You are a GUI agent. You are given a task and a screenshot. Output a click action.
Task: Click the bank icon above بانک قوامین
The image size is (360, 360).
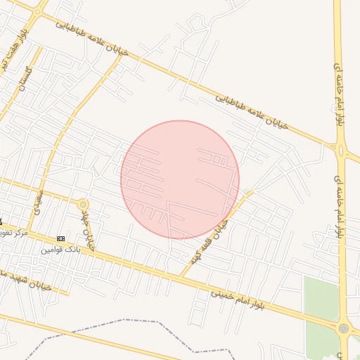60,238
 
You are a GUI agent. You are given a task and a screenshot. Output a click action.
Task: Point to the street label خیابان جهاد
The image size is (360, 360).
87,225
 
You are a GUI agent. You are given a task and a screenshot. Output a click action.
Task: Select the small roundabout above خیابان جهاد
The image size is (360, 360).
84,204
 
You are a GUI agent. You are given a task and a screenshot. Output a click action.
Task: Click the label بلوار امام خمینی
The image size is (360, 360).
243,298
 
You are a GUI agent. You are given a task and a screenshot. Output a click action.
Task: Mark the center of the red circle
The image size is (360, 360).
180,180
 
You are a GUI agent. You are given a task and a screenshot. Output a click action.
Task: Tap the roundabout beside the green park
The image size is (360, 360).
343,328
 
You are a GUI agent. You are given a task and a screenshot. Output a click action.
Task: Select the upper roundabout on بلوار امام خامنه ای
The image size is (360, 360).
341,149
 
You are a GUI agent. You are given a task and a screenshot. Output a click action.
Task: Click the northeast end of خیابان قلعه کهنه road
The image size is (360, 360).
252,191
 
